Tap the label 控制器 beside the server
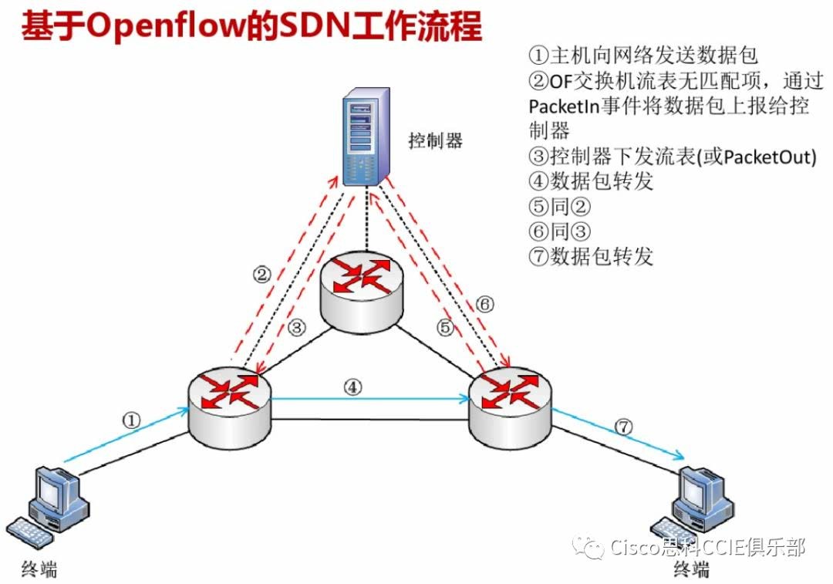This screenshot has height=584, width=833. click(436, 140)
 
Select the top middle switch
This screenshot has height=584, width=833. click(362, 290)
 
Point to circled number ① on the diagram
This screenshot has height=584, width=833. click(132, 420)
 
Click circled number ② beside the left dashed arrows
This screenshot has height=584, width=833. click(263, 273)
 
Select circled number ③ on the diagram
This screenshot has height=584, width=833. click(298, 327)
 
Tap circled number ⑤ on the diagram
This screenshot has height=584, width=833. click(445, 327)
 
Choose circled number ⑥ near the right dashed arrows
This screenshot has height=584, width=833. click(484, 304)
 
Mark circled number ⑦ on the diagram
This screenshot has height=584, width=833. click(624, 425)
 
